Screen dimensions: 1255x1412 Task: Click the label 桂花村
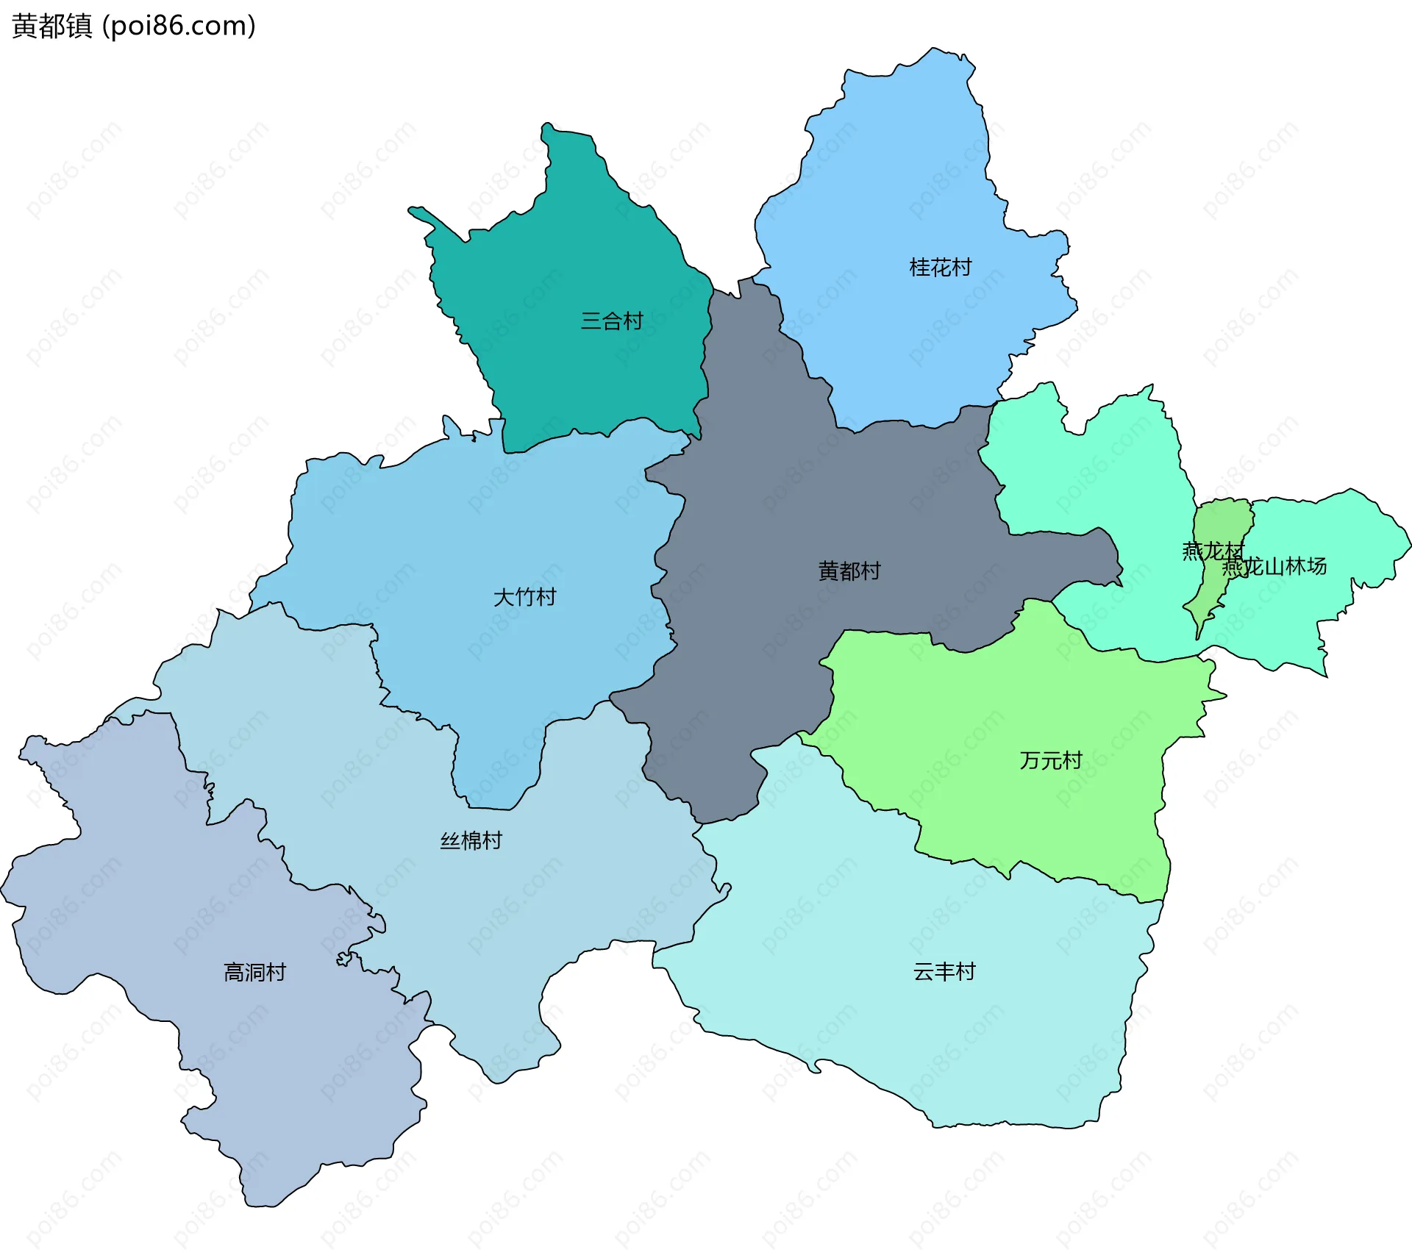point(940,267)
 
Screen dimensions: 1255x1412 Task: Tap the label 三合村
point(611,321)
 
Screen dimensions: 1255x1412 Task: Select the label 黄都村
point(849,571)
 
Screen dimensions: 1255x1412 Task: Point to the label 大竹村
point(524,596)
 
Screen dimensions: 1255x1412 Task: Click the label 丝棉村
point(471,840)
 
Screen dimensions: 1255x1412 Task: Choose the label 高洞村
point(254,972)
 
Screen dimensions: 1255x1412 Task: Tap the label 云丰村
point(944,971)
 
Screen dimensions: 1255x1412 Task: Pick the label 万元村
point(1050,760)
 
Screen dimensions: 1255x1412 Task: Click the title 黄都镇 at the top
point(51,26)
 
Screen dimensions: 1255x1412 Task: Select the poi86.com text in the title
point(179,26)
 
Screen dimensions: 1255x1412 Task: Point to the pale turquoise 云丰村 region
point(919,1044)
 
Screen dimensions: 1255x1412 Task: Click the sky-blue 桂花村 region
point(905,184)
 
